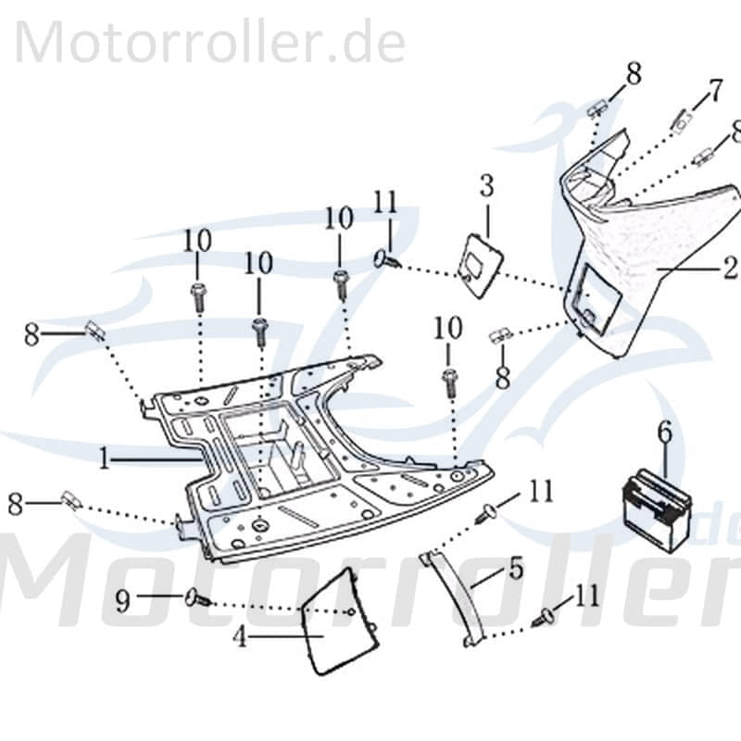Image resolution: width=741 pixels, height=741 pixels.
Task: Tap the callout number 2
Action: pyautogui.click(x=730, y=268)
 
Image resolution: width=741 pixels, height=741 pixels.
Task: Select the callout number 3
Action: pyautogui.click(x=486, y=185)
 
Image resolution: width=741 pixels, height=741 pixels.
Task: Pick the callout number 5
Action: pyautogui.click(x=515, y=568)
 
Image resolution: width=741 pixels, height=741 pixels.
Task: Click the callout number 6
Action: pyautogui.click(x=665, y=431)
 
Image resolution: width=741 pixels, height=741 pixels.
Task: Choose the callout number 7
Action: pyautogui.click(x=715, y=91)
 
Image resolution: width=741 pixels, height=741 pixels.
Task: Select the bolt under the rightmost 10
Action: pyautogui.click(x=450, y=379)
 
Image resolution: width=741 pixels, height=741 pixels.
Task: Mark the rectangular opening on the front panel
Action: pyautogui.click(x=591, y=296)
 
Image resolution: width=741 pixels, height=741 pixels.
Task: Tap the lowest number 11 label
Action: pyautogui.click(x=585, y=597)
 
